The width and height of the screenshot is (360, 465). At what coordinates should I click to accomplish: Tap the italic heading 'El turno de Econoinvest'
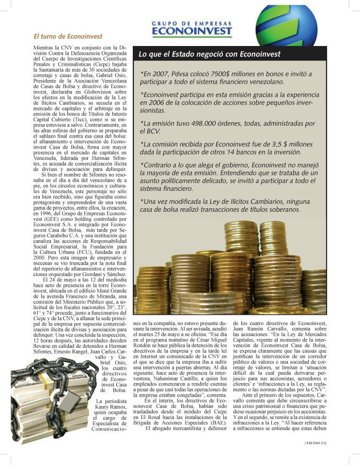point(61,36)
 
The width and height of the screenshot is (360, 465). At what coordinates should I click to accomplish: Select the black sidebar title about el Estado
point(210,54)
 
